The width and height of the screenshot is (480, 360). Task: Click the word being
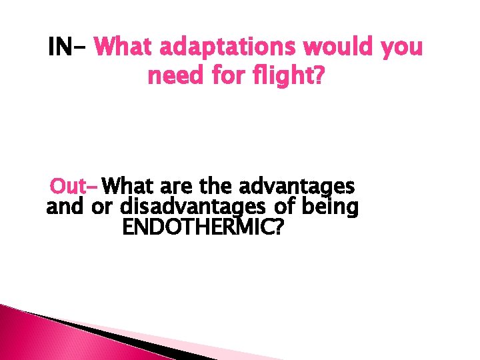330,207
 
